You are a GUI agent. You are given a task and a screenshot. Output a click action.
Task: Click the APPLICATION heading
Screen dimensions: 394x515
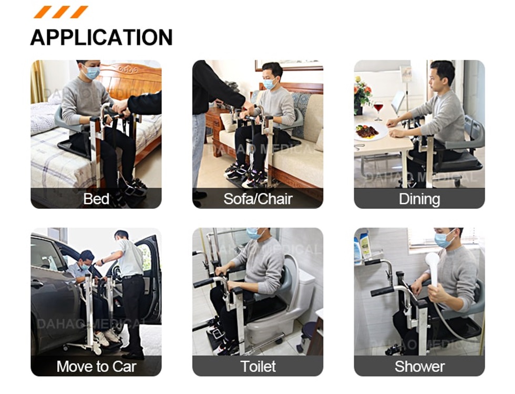101,37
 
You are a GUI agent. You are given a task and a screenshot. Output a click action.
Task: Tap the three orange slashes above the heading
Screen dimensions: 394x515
60,12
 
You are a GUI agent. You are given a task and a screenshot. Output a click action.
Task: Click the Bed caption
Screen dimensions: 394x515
96,199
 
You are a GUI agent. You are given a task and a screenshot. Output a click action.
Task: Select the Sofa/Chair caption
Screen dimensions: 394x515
257,199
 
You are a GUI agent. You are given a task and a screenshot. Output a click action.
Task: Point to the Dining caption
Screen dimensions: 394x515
419,199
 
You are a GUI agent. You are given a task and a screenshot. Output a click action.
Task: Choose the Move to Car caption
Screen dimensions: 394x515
96,366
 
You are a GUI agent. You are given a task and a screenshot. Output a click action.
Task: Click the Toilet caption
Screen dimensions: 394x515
257,366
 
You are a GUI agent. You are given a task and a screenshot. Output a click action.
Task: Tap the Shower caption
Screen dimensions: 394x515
419,366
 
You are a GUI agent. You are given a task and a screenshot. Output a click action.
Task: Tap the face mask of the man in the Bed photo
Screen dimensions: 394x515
92,73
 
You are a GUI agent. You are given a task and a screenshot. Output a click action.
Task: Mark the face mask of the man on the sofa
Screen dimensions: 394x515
269,83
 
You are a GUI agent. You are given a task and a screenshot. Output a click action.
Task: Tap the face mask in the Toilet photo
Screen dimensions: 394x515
254,234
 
